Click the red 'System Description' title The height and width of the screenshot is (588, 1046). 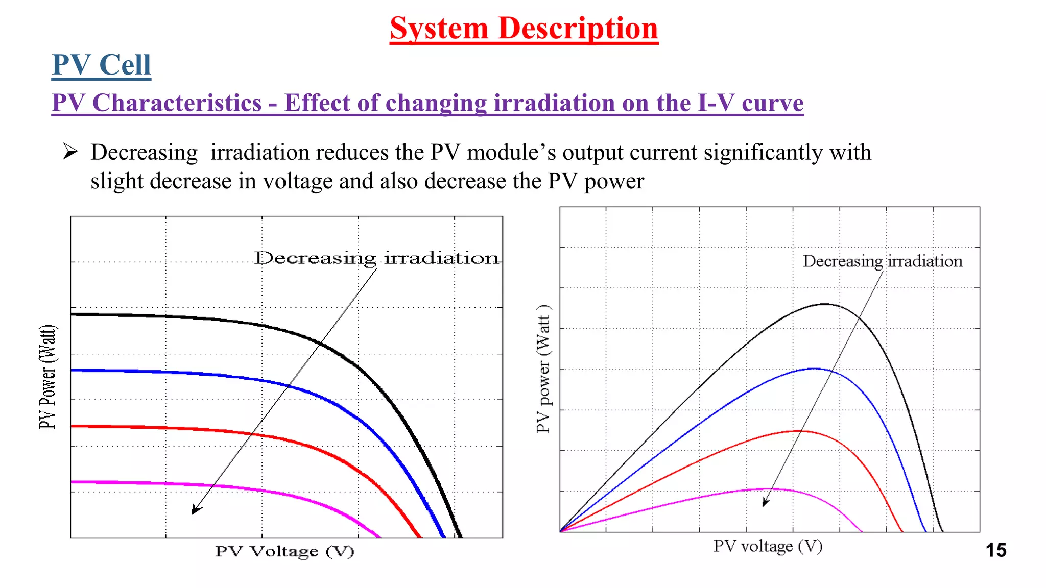click(x=524, y=28)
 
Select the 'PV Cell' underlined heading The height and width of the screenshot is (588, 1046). click(x=101, y=65)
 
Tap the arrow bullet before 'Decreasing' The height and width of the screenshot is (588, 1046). click(x=70, y=152)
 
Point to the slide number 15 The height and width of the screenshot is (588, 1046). click(x=995, y=550)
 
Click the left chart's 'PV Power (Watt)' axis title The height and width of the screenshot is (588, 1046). click(x=48, y=377)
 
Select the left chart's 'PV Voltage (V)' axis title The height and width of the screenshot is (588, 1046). click(x=284, y=551)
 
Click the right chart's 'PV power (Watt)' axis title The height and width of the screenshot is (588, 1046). click(x=543, y=369)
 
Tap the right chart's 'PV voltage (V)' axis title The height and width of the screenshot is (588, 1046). click(x=768, y=546)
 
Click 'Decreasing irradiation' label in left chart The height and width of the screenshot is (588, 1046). click(x=376, y=258)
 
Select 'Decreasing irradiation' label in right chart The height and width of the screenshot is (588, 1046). click(x=882, y=261)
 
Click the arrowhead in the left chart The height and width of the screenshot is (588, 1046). click(x=196, y=509)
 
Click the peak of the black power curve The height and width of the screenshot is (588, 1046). click(x=825, y=304)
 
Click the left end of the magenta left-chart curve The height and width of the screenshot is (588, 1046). click(x=73, y=481)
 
